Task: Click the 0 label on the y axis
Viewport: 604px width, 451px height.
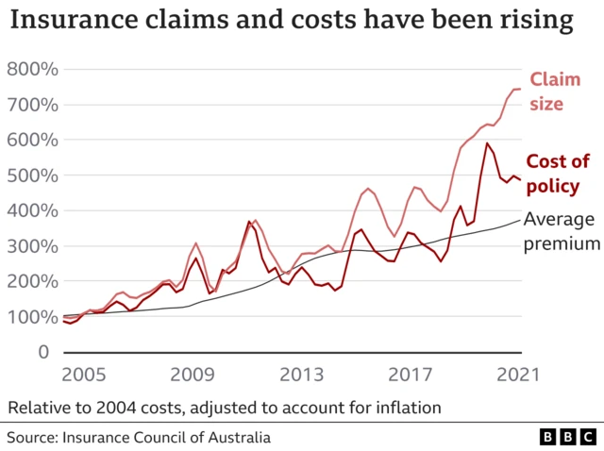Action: point(42,352)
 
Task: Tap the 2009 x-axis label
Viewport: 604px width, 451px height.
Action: point(193,373)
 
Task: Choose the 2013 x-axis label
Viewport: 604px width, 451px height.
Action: point(302,373)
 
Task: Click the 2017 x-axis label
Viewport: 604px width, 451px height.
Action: point(411,373)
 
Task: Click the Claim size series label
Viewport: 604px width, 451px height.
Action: point(554,92)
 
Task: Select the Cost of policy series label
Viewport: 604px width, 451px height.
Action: point(557,174)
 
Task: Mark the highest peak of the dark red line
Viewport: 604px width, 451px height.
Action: point(487,143)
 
